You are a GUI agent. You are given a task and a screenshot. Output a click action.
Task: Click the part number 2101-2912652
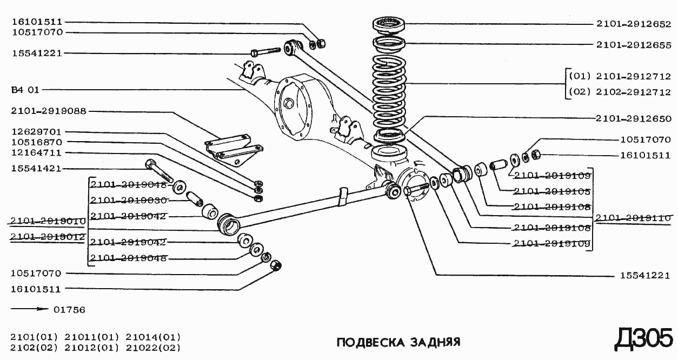click(x=634, y=24)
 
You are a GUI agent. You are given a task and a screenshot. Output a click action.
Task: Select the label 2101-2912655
click(x=634, y=45)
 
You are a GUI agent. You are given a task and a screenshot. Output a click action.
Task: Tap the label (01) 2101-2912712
click(x=620, y=76)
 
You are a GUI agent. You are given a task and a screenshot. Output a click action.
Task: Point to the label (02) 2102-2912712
click(x=620, y=92)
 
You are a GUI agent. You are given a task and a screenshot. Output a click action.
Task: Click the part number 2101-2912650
click(x=634, y=119)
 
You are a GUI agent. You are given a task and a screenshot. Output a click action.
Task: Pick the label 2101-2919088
click(x=48, y=111)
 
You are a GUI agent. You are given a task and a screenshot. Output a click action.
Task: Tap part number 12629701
click(x=37, y=132)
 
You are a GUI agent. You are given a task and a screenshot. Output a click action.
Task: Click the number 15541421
click(x=37, y=169)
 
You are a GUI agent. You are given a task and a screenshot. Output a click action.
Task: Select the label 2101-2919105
click(x=551, y=191)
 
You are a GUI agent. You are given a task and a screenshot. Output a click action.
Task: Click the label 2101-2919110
click(x=634, y=218)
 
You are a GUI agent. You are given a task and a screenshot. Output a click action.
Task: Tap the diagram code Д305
click(x=643, y=339)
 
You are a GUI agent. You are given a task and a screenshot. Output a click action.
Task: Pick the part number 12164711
click(x=37, y=152)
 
